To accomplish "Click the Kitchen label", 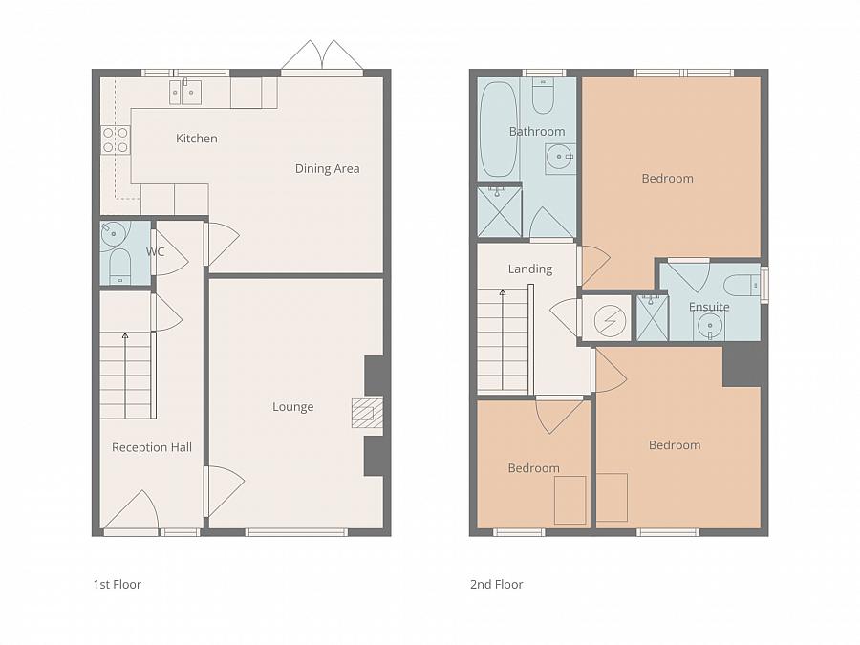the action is click(x=196, y=139).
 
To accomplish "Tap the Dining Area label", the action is click(x=328, y=168).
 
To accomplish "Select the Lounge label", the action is click(x=293, y=407).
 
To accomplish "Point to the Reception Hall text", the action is click(x=152, y=447).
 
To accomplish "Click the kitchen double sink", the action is click(x=184, y=92).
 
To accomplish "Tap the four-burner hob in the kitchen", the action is click(x=116, y=140).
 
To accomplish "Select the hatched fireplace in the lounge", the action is click(x=366, y=413).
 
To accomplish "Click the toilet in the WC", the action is click(x=119, y=266).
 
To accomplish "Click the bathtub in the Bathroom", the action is click(x=499, y=129).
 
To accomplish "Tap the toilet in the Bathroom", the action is click(x=543, y=96).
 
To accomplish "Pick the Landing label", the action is click(x=529, y=269).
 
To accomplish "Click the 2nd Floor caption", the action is click(x=496, y=584).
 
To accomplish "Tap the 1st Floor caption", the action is click(x=118, y=584).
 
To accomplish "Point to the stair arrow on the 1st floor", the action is click(x=125, y=376).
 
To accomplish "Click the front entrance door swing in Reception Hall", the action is click(x=132, y=510).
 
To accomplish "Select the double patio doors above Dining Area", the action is click(x=322, y=54).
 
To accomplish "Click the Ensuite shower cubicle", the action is click(x=652, y=317).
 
